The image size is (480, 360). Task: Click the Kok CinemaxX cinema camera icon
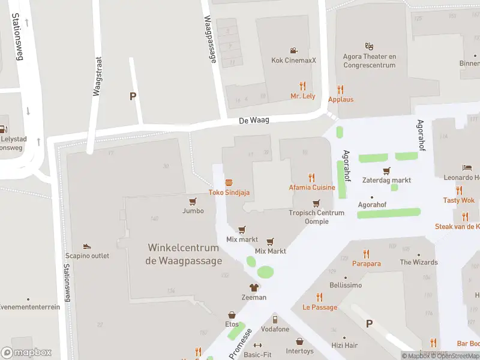(293, 50)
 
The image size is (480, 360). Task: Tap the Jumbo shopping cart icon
(193, 202)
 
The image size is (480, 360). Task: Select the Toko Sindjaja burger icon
(229, 182)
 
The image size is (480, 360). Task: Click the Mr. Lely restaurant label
(302, 96)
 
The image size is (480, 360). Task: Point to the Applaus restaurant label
(341, 99)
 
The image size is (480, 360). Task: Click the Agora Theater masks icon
(370, 46)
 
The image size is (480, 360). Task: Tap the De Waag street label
(254, 120)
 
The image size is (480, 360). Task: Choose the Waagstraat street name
(97, 76)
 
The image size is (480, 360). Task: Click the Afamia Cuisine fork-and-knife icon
(311, 177)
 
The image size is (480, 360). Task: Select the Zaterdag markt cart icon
(386, 170)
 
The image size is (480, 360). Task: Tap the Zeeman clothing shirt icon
(254, 287)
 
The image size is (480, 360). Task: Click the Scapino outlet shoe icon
(87, 246)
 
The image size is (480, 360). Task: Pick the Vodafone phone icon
(275, 319)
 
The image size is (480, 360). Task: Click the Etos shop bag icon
(232, 314)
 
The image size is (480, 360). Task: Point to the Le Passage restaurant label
(319, 307)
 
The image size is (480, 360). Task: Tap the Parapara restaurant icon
(366, 253)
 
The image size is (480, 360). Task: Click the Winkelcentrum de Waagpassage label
(184, 254)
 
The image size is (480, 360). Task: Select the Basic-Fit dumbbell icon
(258, 345)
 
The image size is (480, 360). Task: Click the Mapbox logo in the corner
(26, 352)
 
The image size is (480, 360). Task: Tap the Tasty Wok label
(458, 200)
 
